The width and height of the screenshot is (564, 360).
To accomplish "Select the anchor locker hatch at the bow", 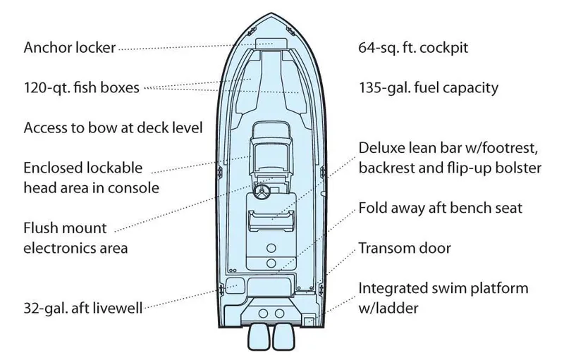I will [x=270, y=44].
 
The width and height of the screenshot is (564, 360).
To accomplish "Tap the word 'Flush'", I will [x=40, y=228].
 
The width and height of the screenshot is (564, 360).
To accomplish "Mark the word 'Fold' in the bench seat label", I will [x=373, y=209].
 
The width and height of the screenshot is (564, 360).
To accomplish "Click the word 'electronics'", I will [x=57, y=248].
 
